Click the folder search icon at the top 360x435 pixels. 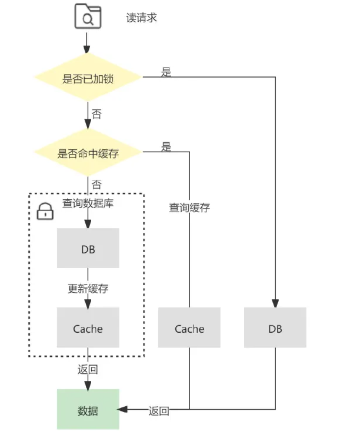(88, 18)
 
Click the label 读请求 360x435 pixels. (142, 18)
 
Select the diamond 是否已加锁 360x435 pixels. (88, 78)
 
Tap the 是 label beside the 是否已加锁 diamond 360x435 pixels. (166, 72)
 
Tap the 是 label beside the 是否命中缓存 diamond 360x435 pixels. (166, 147)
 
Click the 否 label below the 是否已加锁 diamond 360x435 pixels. (96, 114)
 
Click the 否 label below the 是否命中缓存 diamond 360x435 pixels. (96, 185)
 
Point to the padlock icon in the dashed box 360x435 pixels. (45, 212)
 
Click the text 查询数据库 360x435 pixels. (88, 204)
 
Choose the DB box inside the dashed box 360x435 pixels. (88, 249)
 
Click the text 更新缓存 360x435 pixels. (88, 289)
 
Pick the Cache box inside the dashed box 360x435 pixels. (88, 329)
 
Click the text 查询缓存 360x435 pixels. (189, 207)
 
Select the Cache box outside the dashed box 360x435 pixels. (189, 329)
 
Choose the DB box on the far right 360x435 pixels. (275, 329)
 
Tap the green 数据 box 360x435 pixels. (88, 410)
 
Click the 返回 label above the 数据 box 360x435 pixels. (88, 370)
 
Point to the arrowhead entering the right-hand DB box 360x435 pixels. (275, 303)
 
